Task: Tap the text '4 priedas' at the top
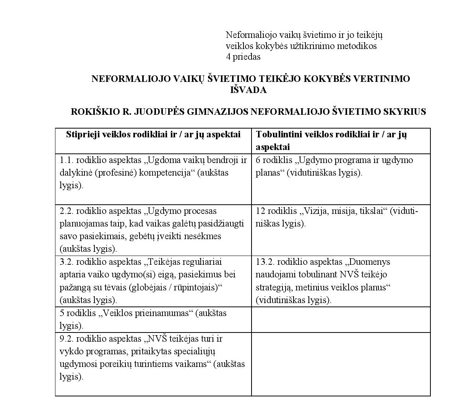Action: (243, 57)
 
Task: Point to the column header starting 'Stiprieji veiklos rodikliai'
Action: (153, 135)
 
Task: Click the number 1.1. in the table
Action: (67, 160)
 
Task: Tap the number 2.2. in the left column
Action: (67, 211)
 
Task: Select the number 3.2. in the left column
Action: (67, 262)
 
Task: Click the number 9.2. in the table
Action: (67, 339)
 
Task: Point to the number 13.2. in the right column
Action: (265, 262)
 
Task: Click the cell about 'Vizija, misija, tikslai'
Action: (340, 217)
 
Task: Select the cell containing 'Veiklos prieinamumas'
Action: (153, 319)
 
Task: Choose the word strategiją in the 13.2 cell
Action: (273, 287)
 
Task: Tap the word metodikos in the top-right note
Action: (359, 46)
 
